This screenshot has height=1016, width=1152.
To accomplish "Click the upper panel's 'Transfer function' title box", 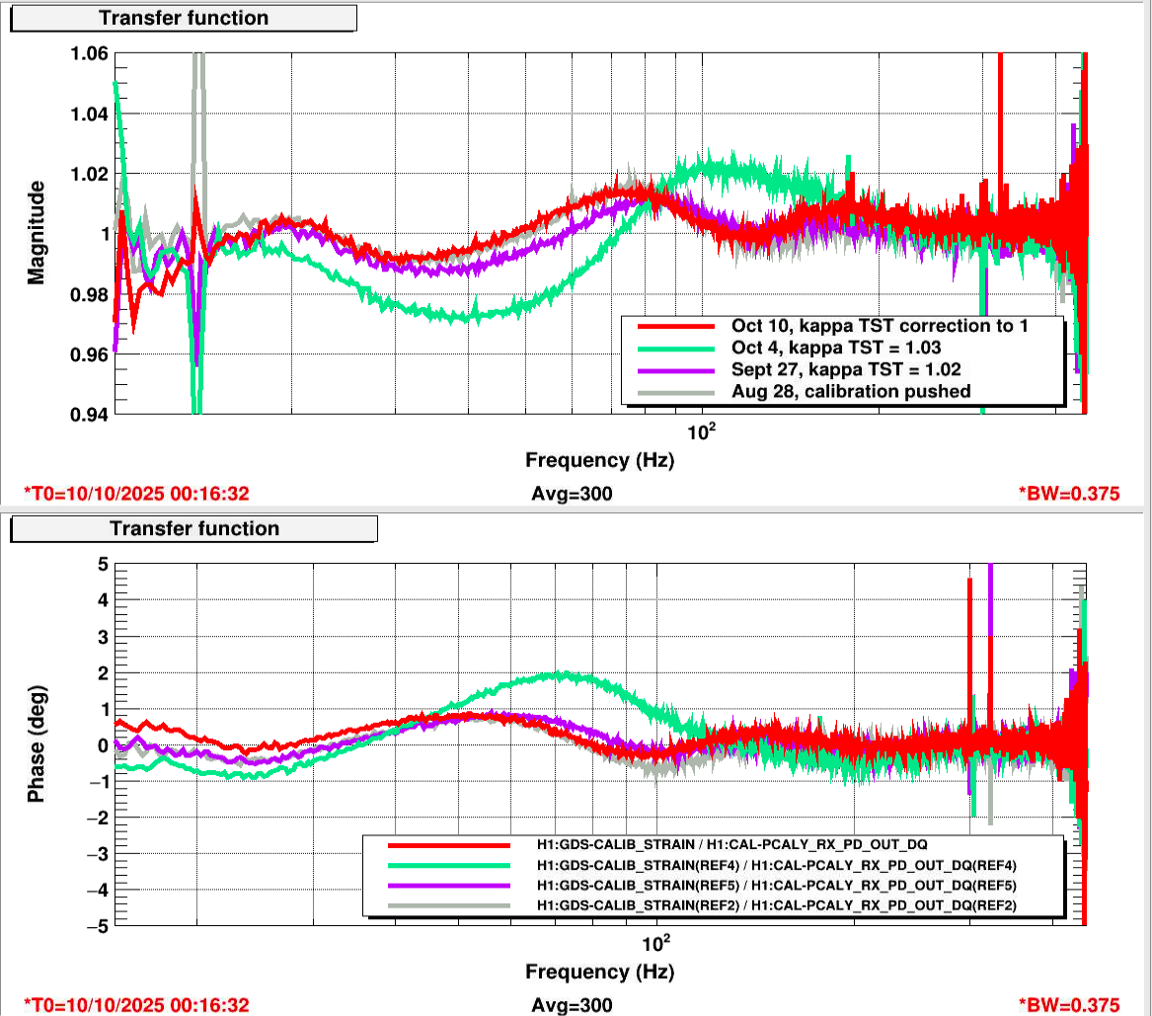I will click(184, 18).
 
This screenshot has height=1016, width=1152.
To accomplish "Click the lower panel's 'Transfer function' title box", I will click(193, 528).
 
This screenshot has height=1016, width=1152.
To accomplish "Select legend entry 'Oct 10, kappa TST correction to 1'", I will click(882, 325).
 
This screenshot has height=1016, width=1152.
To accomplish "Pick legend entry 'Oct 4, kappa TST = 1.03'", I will click(835, 347).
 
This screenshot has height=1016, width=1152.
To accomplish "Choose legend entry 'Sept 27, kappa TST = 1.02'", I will click(846, 369).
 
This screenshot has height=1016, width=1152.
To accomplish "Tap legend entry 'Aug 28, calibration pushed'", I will click(851, 391).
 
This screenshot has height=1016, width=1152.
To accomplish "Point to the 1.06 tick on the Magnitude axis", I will click(89, 53).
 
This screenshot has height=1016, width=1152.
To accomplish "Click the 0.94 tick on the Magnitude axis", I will click(89, 414).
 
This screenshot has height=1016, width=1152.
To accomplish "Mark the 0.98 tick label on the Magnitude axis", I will click(89, 294).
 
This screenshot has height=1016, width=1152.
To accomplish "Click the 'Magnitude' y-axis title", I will click(37, 232).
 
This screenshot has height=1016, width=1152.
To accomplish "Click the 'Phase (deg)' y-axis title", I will click(37, 743).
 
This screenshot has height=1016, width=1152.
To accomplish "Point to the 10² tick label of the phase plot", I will click(655, 940).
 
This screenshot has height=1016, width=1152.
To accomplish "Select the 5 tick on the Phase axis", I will click(102, 564).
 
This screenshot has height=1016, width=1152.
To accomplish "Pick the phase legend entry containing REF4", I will click(776, 866).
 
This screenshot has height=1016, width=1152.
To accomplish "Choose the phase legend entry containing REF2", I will click(776, 905).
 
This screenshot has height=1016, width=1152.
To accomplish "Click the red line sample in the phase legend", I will click(449, 846).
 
